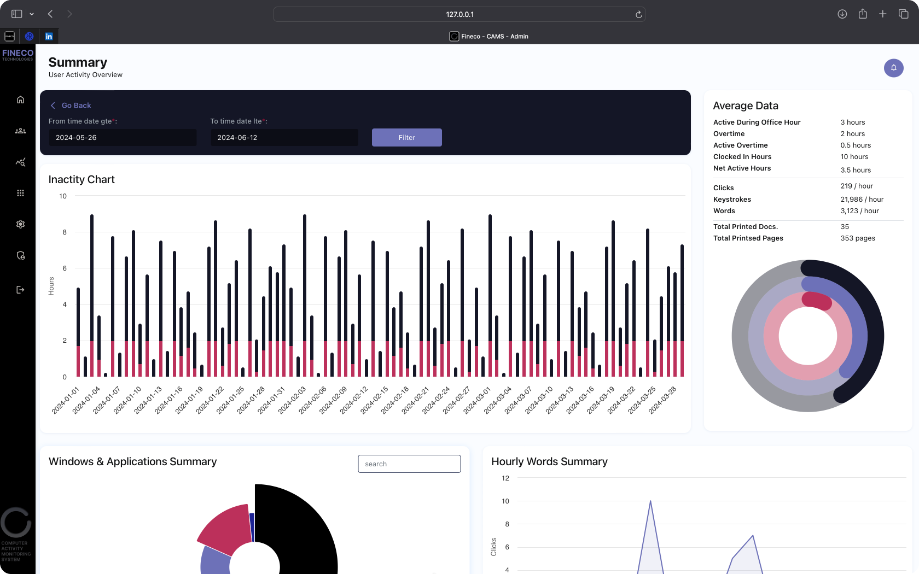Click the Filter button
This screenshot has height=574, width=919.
click(406, 137)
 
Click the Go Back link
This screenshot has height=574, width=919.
click(76, 106)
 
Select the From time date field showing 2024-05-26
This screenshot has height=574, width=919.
click(122, 137)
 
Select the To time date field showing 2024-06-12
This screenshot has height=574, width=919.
click(284, 137)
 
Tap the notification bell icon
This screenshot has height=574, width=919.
click(893, 68)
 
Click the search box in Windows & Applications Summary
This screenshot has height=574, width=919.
click(409, 464)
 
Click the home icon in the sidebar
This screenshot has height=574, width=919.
click(20, 99)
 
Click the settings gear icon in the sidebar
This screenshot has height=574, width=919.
click(20, 224)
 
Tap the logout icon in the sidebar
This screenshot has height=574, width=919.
click(20, 290)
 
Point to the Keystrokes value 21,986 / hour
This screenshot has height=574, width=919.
click(862, 200)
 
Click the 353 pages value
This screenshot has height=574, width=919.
click(857, 238)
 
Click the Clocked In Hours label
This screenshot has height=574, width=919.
click(742, 157)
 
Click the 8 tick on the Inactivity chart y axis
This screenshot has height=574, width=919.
click(65, 232)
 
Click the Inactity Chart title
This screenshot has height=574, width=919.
click(82, 179)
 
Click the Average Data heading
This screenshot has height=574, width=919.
click(745, 106)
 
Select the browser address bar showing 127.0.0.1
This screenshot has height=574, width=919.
click(459, 14)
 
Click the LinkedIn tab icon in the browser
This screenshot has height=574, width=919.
click(49, 37)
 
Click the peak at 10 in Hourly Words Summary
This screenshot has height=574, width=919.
click(650, 501)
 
